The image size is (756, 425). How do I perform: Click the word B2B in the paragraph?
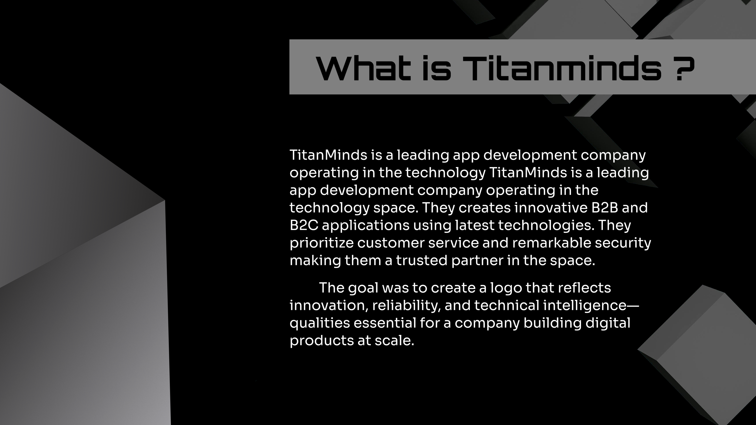coord(604,208)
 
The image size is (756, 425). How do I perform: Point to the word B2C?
coord(304,225)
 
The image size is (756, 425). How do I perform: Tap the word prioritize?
coord(321,243)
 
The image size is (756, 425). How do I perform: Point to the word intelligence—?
coord(590,306)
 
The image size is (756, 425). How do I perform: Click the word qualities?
coord(320,323)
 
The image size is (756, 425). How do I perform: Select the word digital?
coord(608,323)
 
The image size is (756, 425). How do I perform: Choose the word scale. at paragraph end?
coord(394,341)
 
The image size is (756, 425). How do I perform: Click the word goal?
coord(363,288)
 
